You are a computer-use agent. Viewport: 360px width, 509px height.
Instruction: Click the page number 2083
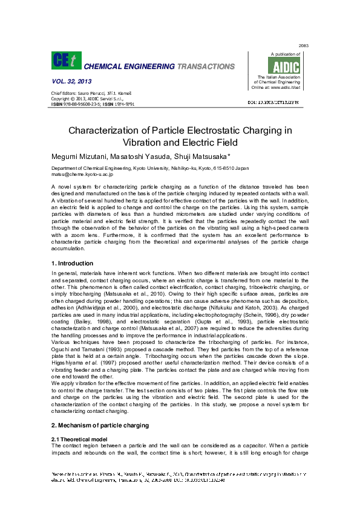click(x=304, y=46)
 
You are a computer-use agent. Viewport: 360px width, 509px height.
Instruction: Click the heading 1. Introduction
click(x=73, y=264)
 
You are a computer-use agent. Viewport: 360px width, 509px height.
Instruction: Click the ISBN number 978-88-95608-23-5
click(x=80, y=104)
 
